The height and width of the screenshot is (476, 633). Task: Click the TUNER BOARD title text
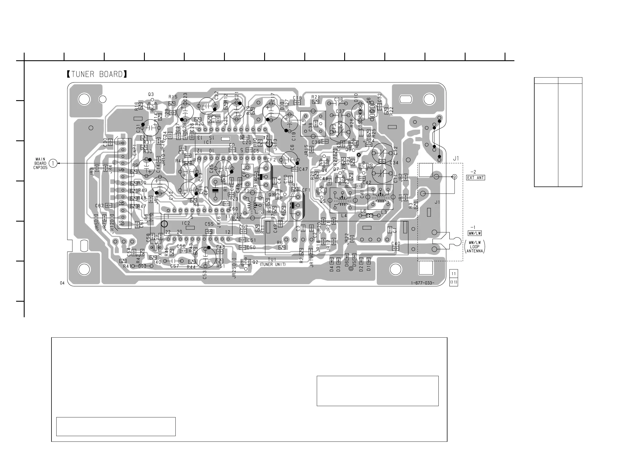tap(97, 74)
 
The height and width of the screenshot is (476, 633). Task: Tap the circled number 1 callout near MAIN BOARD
tap(53, 163)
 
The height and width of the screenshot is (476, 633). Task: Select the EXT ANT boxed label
tap(476, 177)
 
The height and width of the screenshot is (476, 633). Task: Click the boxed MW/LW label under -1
tap(474, 233)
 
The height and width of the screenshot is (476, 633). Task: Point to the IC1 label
tap(208, 142)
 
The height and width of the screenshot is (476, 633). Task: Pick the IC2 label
tap(186, 223)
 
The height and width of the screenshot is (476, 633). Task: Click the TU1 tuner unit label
tap(272, 260)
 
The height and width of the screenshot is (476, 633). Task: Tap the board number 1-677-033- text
tap(422, 283)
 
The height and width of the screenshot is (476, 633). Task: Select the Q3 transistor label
tap(151, 94)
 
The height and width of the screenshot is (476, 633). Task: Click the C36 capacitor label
tap(339, 100)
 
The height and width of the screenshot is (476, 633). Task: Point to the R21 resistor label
tap(316, 97)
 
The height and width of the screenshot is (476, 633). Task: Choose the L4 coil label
tap(344, 215)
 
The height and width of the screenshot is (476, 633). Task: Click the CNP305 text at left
tap(40, 168)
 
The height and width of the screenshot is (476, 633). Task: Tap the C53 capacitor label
tap(204, 275)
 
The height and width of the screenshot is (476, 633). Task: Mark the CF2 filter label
tap(272, 160)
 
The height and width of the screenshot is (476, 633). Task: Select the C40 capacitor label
tap(396, 243)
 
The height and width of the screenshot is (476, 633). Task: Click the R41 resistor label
tap(127, 266)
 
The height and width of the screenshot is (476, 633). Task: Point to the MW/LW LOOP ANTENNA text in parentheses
tap(475, 246)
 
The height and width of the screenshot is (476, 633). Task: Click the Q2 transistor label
tap(255, 262)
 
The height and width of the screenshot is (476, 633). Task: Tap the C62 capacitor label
tap(99, 206)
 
